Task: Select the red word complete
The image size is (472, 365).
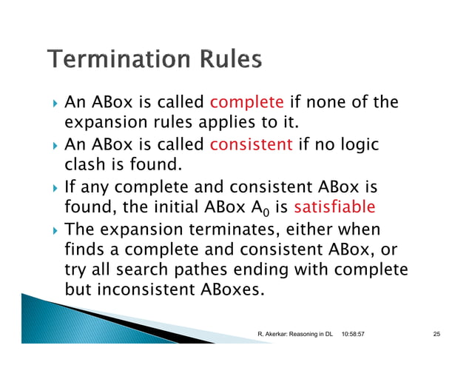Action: [x=247, y=101]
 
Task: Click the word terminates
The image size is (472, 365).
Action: [x=237, y=228]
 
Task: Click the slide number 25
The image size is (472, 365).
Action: [x=436, y=335]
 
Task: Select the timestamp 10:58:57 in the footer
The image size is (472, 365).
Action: [x=358, y=335]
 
